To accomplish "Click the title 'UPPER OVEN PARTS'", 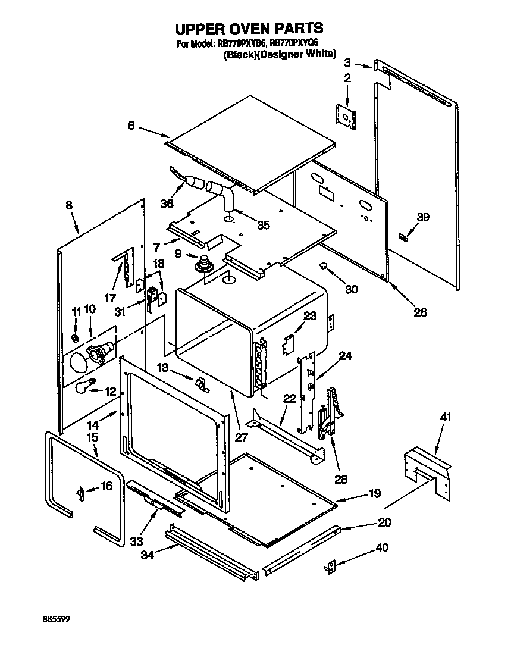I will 249,28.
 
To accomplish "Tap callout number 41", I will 446,417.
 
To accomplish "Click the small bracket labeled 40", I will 331,567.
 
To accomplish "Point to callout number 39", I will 422,218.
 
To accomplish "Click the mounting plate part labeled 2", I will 345,115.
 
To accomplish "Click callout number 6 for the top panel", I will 131,126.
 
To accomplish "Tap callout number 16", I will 106,487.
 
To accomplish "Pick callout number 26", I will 420,312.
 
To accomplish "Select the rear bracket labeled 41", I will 426,467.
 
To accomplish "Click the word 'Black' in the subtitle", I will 240,54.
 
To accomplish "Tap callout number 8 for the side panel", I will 69,205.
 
